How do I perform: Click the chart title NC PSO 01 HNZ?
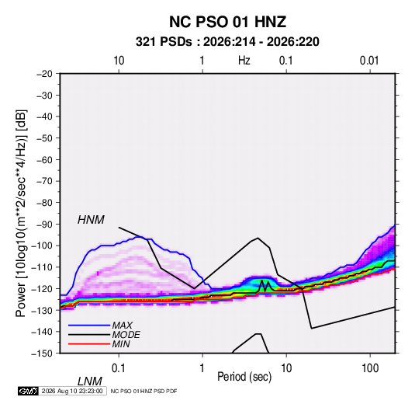227,22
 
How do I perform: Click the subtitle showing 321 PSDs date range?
227,42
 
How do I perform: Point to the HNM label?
91,220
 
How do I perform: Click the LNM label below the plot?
90,381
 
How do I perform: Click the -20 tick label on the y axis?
44,74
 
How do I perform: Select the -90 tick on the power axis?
44,225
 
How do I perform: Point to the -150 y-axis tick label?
43,354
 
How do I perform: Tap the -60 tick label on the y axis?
44,159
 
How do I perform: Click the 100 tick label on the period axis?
370,368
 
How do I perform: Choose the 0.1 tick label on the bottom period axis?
119,368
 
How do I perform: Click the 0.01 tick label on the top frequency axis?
369,61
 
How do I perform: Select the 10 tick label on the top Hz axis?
119,61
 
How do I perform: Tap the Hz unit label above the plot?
244,61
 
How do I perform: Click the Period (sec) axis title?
244,377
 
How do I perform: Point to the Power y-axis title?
21,213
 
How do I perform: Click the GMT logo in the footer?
28,391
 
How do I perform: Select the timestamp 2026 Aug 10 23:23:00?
72,391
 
